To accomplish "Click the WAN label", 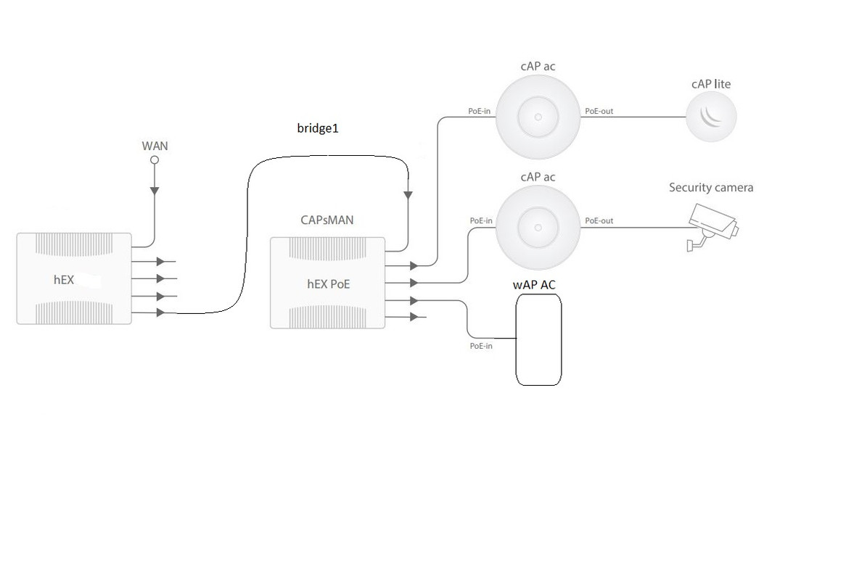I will (x=155, y=146).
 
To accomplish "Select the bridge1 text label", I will (x=318, y=128).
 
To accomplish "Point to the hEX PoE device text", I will (x=328, y=284).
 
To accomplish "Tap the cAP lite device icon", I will (x=711, y=117).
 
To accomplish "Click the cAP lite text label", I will (x=710, y=84).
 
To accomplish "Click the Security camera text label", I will (x=711, y=188).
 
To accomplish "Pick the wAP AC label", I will (x=534, y=285).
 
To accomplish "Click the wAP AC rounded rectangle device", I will (x=538, y=340).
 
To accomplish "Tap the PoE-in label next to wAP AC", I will (x=480, y=346).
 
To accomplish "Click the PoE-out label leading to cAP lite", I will (x=599, y=112).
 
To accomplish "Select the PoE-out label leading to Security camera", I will (x=599, y=220).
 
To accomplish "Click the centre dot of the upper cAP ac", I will (x=538, y=116).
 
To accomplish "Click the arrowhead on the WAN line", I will (x=155, y=191).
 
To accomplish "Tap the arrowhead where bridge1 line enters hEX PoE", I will (x=408, y=195).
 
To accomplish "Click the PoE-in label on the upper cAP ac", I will (x=480, y=112).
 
